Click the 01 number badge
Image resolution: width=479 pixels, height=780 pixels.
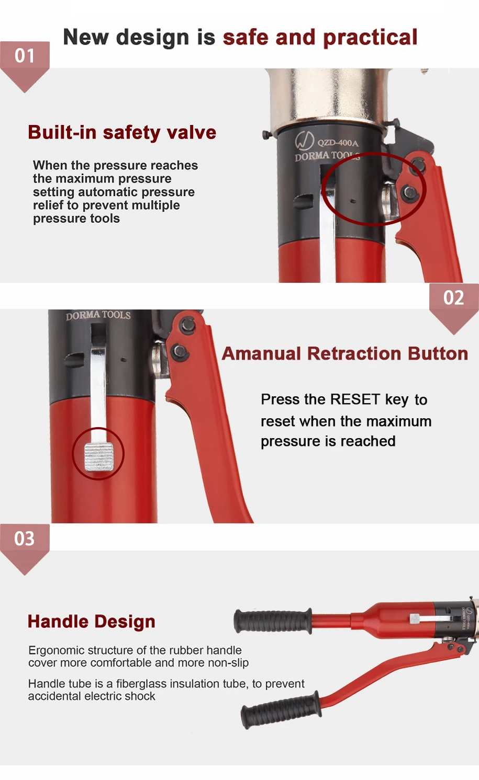[x=25, y=55]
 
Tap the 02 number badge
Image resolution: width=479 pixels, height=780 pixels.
[x=453, y=298]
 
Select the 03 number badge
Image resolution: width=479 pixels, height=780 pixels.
[x=25, y=538]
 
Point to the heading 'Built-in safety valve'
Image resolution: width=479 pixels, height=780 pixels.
[x=122, y=132]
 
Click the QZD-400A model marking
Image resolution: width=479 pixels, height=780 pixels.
[x=338, y=143]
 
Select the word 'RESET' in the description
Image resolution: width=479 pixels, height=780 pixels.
[x=354, y=399]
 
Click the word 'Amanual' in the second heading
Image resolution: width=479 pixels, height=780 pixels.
[x=261, y=354]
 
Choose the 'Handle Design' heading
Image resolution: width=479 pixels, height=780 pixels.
[x=92, y=622]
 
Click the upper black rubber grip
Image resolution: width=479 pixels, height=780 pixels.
[x=273, y=621]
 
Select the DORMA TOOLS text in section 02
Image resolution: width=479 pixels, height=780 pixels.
[x=98, y=315]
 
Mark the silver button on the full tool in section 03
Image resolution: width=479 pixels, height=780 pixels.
[x=415, y=618]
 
